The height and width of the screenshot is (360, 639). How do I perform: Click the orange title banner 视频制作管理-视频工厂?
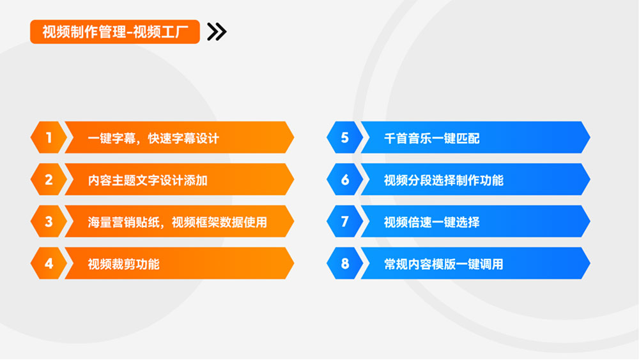(115, 32)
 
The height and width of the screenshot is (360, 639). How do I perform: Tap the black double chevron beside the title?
(217, 32)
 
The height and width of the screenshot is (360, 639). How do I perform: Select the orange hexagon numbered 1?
(49, 137)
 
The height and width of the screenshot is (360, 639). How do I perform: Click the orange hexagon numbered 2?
(49, 180)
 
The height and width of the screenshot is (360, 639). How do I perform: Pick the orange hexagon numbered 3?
(49, 221)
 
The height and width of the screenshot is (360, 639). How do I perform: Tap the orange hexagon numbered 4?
(49, 263)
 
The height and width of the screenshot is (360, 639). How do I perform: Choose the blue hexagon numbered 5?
(345, 137)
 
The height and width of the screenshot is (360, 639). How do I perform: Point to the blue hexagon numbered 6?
(345, 180)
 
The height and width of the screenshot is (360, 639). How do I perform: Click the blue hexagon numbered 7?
(345, 221)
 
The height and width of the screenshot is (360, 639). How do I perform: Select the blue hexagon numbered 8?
(345, 263)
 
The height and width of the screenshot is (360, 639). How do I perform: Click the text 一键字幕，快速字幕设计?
(153, 139)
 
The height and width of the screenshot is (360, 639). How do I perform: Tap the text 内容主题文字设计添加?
(148, 180)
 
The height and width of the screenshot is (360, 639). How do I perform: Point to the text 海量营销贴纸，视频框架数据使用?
(178, 222)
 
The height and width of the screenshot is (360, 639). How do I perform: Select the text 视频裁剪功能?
(124, 264)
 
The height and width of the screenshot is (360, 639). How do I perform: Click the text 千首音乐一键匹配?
(432, 139)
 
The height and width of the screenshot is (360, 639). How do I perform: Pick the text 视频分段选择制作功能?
(444, 180)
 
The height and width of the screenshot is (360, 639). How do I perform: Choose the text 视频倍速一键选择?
(432, 222)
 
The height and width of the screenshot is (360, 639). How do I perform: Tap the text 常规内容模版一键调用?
(444, 264)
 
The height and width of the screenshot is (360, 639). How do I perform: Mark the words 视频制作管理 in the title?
(84, 32)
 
